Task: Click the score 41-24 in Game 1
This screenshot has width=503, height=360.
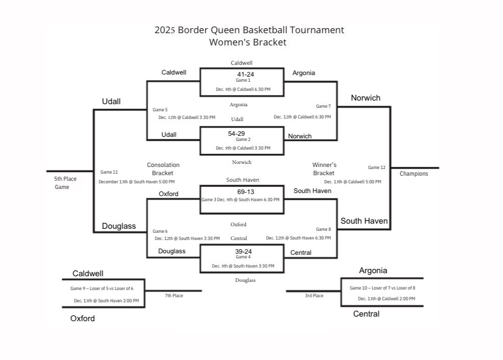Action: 245,75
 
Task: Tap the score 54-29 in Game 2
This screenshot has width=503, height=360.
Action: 236,133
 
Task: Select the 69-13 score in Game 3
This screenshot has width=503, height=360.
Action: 245,192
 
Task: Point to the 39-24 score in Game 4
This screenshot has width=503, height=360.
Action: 243,251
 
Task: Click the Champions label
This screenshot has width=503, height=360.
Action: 414,174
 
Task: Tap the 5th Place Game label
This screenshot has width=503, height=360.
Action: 65,183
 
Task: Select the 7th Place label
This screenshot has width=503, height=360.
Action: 174,296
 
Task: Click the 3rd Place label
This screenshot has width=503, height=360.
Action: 314,296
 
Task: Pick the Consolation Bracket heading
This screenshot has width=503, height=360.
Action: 163,169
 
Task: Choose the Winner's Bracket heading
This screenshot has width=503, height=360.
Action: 324,169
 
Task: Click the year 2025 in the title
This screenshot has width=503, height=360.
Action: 164,30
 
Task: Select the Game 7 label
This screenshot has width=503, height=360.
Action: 323,106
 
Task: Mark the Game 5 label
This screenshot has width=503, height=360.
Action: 160,110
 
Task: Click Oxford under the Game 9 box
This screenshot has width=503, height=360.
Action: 82,319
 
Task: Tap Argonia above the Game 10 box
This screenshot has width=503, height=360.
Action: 373,271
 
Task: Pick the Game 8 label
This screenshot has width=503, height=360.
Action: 323,229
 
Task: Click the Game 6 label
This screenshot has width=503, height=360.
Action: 160,231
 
